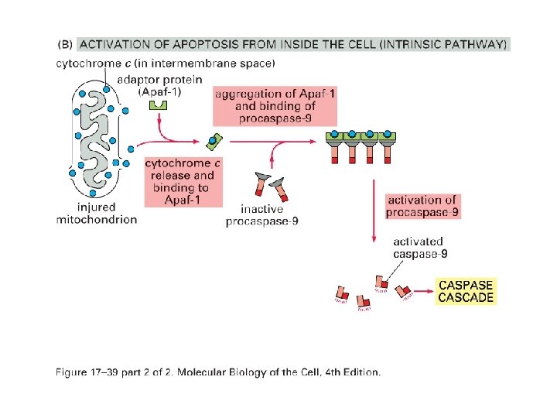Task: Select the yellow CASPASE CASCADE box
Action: click(466, 291)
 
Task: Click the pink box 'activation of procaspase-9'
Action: click(423, 206)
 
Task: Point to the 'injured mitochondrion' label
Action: click(97, 213)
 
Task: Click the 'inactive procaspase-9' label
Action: click(262, 215)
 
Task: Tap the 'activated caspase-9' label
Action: click(419, 248)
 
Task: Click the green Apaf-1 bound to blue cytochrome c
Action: click(214, 141)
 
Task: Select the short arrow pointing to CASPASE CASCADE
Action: click(423, 293)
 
